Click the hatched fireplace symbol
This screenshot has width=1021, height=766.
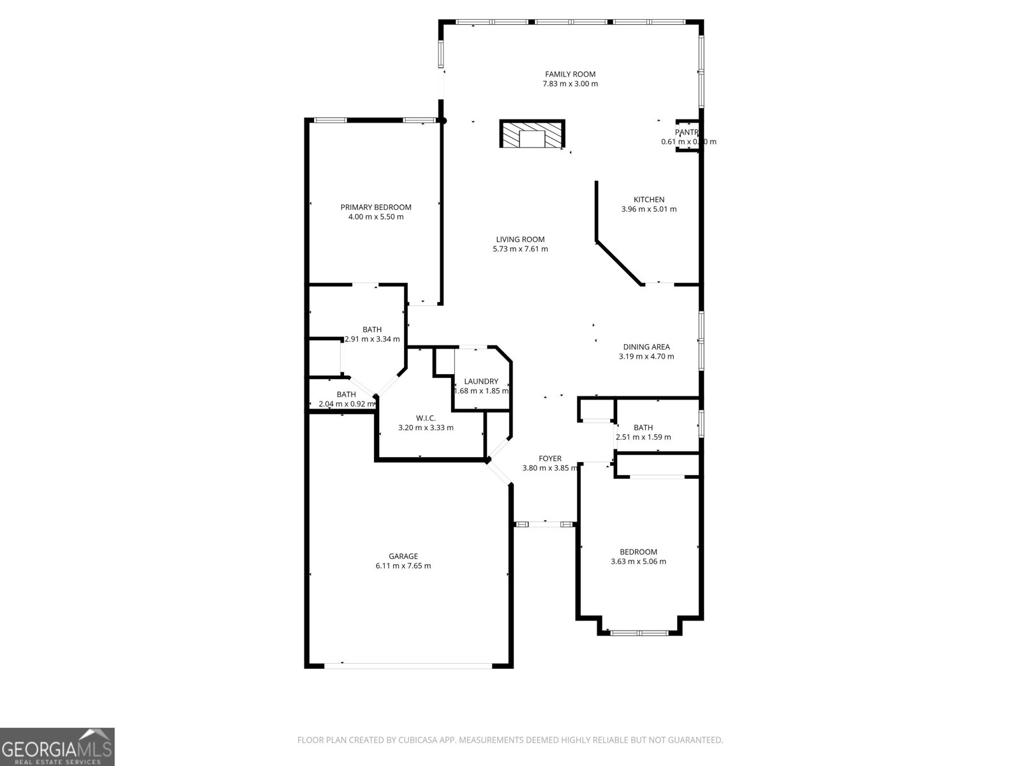pyautogui.click(x=532, y=135)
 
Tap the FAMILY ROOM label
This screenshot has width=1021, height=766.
pyautogui.click(x=570, y=74)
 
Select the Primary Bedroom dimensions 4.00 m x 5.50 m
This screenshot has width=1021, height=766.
pyautogui.click(x=376, y=217)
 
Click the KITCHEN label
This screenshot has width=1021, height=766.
pyautogui.click(x=648, y=200)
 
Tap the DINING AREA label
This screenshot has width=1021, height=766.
pyautogui.click(x=646, y=347)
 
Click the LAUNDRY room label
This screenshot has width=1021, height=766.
pyautogui.click(x=481, y=382)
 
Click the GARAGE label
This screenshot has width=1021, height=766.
pyautogui.click(x=403, y=556)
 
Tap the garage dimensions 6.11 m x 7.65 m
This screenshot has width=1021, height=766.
pyautogui.click(x=403, y=566)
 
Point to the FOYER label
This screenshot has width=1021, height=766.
pyautogui.click(x=550, y=458)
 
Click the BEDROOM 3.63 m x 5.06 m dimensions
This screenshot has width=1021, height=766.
pyautogui.click(x=638, y=562)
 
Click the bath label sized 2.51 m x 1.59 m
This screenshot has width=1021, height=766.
pyautogui.click(x=643, y=428)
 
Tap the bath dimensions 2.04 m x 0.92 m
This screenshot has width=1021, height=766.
pyautogui.click(x=347, y=404)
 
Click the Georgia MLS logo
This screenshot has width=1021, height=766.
pyautogui.click(x=57, y=746)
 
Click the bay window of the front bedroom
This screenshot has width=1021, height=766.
pyautogui.click(x=639, y=633)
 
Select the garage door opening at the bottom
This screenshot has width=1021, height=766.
pyautogui.click(x=408, y=665)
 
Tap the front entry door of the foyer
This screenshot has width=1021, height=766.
pyautogui.click(x=545, y=524)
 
